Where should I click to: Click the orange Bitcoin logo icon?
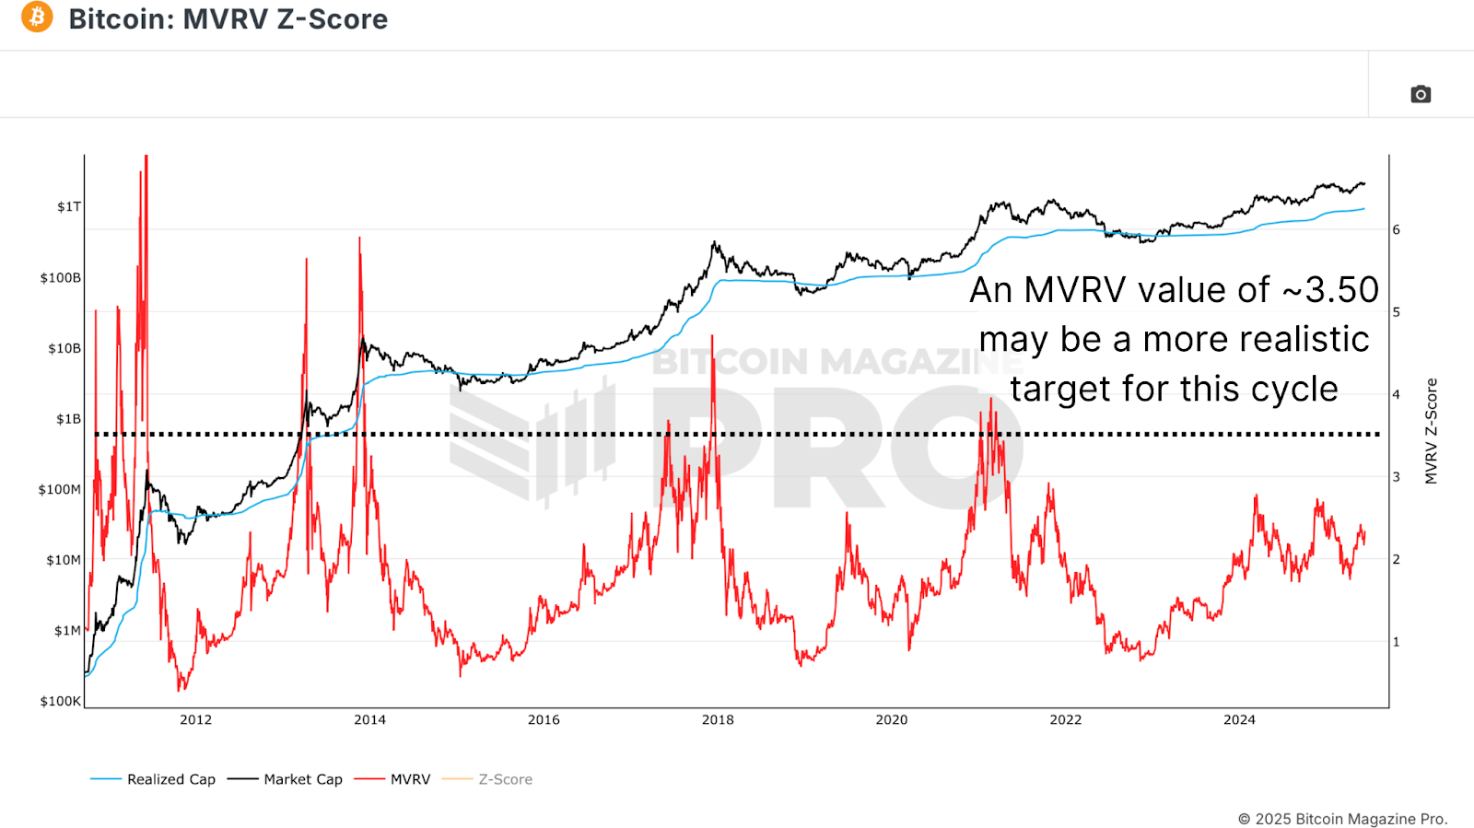(x=37, y=17)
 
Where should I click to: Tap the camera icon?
(x=1421, y=94)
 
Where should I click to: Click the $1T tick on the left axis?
(x=69, y=206)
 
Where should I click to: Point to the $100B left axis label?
(x=61, y=277)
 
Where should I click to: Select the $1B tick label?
(x=69, y=419)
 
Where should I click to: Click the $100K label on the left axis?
(x=61, y=701)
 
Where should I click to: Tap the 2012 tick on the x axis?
(x=196, y=719)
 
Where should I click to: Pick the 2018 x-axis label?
(x=718, y=719)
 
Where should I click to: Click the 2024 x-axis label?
(x=1239, y=719)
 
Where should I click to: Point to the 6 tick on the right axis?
(x=1397, y=229)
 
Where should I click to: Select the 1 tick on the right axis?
(x=1397, y=642)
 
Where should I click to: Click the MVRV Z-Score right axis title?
(x=1431, y=431)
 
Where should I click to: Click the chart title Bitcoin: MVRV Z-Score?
(x=228, y=18)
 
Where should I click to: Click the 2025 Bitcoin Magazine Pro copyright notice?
(x=1342, y=819)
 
